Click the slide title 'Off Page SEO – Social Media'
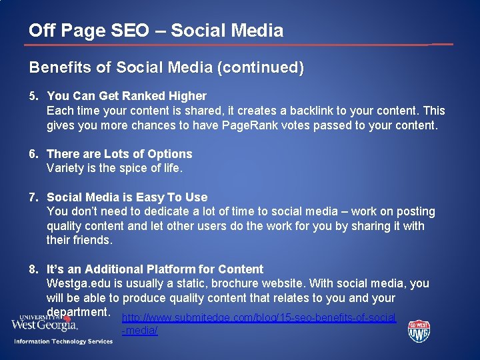click(x=156, y=30)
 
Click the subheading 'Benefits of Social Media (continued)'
click(x=166, y=67)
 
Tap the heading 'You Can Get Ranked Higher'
click(x=127, y=96)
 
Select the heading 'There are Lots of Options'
click(x=119, y=154)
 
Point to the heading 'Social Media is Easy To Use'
click(x=127, y=197)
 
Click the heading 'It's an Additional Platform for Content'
click(x=155, y=269)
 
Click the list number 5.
click(x=33, y=96)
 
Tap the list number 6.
click(x=33, y=154)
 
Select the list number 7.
click(x=33, y=197)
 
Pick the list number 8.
click(x=33, y=269)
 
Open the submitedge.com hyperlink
click(x=259, y=318)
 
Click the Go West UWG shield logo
click(x=419, y=331)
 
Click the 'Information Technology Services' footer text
click(x=63, y=342)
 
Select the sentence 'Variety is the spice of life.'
click(x=114, y=168)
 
